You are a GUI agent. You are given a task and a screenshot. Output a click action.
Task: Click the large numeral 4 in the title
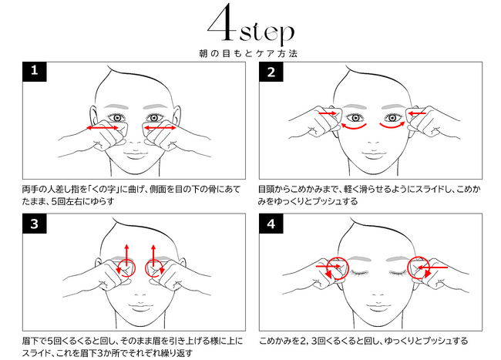pos(222,22)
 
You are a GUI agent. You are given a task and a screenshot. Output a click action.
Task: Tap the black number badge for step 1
pos(35,72)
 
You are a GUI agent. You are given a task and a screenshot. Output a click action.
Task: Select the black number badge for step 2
pos(271,72)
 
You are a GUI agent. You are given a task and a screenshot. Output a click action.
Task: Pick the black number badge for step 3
pos(35,224)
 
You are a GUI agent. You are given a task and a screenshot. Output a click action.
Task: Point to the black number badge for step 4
pos(271,224)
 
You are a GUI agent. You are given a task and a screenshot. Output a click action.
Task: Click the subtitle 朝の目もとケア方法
pos(248,53)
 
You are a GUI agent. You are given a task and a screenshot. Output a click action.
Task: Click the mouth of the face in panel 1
pos(136,156)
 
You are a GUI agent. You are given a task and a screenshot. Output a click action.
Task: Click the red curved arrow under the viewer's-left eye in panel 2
pos(353,126)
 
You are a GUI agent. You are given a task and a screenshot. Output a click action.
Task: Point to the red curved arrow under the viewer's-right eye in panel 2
pos(392,126)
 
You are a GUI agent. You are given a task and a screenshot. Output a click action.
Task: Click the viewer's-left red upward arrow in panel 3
pos(126,255)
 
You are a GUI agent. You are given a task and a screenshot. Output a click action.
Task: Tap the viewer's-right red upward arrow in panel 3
pos(153,255)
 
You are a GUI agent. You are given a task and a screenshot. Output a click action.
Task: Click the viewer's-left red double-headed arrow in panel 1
pos(103,128)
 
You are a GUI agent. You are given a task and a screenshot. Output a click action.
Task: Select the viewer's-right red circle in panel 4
pos(419,267)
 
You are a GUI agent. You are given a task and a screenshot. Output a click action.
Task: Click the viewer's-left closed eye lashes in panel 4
pos(358,273)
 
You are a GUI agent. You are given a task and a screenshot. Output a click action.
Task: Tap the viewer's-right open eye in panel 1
pos(154,117)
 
